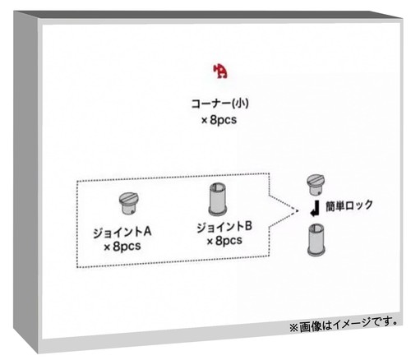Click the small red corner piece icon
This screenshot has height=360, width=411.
pyautogui.click(x=220, y=72)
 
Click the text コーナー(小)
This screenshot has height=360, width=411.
pyautogui.click(x=219, y=104)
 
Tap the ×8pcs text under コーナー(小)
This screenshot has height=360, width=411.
pyautogui.click(x=219, y=120)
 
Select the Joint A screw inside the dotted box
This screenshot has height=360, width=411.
pyautogui.click(x=129, y=204)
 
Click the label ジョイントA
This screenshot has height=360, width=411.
pyautogui.click(x=122, y=233)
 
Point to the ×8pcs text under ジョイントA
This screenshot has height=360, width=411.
pyautogui.click(x=122, y=247)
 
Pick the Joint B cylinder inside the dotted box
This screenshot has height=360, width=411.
pyautogui.click(x=217, y=199)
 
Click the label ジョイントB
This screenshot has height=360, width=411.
pyautogui.click(x=224, y=227)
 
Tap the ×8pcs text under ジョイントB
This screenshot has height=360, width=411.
pyautogui.click(x=224, y=241)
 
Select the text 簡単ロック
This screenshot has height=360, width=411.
pyautogui.click(x=349, y=205)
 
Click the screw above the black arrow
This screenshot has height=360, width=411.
pyautogui.click(x=316, y=184)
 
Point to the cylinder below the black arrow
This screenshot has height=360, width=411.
pyautogui.click(x=316, y=240)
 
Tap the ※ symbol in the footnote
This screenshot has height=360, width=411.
pyautogui.click(x=293, y=327)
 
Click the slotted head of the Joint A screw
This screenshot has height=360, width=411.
pyautogui.click(x=129, y=198)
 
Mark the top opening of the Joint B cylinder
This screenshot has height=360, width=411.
pyautogui.click(x=217, y=187)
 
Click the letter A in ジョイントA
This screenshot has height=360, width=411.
pyautogui.click(x=147, y=233)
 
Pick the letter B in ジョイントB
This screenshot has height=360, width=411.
pyautogui.click(x=248, y=227)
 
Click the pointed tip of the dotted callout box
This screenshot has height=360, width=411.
pyautogui.click(x=297, y=210)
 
